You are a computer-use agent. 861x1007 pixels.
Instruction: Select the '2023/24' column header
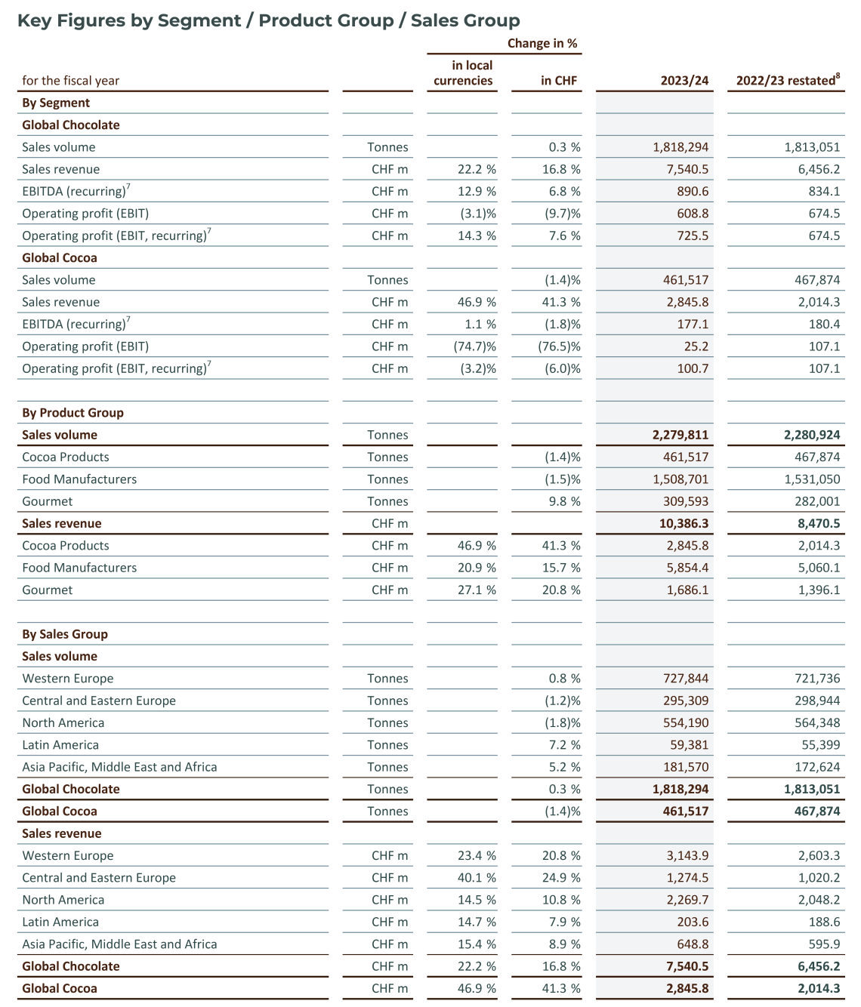(684, 81)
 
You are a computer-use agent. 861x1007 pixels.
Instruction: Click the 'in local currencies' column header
(463, 73)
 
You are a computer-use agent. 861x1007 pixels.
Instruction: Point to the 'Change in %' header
(542, 44)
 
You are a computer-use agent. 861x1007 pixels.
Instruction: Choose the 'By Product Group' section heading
(73, 413)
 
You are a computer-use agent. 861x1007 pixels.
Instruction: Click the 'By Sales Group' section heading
(65, 634)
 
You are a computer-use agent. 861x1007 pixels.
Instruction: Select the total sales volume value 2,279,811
(680, 435)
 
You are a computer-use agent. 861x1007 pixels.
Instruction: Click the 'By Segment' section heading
(56, 103)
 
